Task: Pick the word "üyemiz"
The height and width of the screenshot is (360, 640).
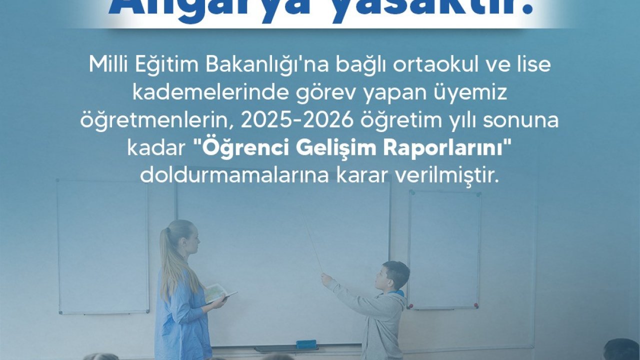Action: point(472,93)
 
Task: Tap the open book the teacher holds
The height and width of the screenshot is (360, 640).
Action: point(218,292)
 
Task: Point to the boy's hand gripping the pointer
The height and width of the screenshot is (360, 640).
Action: point(326,278)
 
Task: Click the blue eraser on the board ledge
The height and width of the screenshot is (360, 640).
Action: point(306,344)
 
